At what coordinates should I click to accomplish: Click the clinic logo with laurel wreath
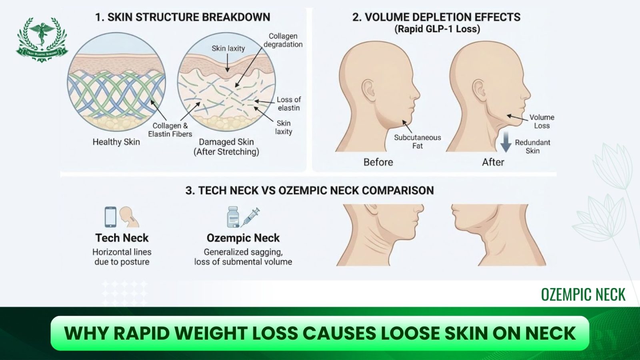[42, 39]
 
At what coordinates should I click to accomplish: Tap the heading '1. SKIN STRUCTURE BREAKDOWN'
[182, 17]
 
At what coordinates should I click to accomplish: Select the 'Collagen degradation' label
[283, 40]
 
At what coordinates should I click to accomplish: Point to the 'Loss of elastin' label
[288, 104]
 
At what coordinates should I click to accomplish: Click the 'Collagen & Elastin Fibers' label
[170, 130]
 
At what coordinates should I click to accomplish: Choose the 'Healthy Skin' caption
[116, 142]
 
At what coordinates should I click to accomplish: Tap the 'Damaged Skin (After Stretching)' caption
[226, 147]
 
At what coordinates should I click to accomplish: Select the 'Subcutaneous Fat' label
[417, 142]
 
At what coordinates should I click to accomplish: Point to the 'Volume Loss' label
[542, 121]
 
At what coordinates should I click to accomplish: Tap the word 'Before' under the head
[378, 162]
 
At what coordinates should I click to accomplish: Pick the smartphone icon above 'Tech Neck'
[110, 217]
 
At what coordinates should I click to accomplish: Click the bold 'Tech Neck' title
[122, 238]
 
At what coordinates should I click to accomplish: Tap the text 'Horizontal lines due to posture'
[122, 257]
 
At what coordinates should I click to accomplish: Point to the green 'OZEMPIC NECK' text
[583, 295]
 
